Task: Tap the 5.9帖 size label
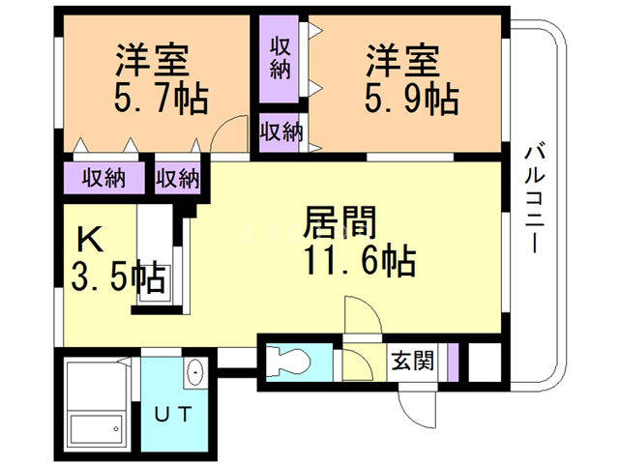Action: tap(411, 98)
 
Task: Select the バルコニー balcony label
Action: tap(534, 198)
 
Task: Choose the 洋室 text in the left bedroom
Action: tap(152, 61)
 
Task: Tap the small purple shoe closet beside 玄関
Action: tap(451, 362)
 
